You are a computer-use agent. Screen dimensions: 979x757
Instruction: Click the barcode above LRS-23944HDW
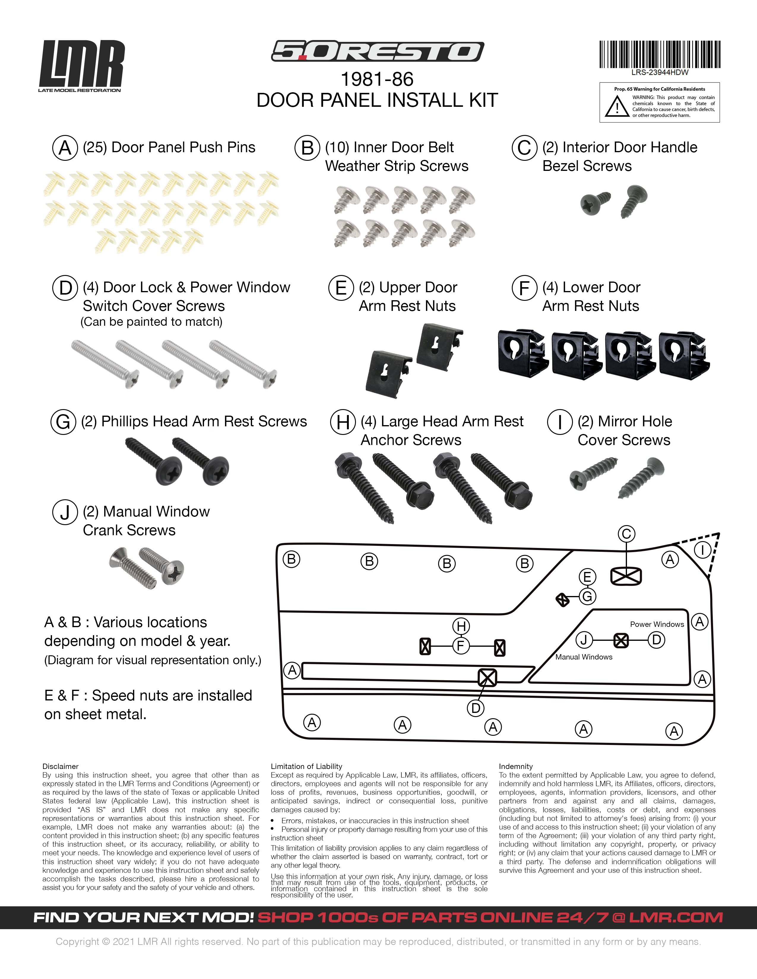click(659, 54)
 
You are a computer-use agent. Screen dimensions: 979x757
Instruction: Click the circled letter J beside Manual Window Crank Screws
click(65, 512)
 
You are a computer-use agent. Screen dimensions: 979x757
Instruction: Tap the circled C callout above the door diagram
click(626, 534)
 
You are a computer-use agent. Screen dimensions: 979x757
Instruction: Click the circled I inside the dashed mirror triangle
click(702, 550)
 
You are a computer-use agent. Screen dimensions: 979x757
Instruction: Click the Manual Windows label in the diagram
click(583, 657)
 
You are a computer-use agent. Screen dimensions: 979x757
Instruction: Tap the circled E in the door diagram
click(587, 577)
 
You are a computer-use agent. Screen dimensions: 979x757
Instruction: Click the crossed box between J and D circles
click(621, 640)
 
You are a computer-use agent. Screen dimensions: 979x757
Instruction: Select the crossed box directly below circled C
click(626, 576)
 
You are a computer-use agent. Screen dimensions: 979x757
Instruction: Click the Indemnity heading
click(516, 767)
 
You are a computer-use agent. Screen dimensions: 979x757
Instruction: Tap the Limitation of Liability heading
click(306, 767)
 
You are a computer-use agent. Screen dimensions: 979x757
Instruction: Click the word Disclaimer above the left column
click(60, 767)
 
